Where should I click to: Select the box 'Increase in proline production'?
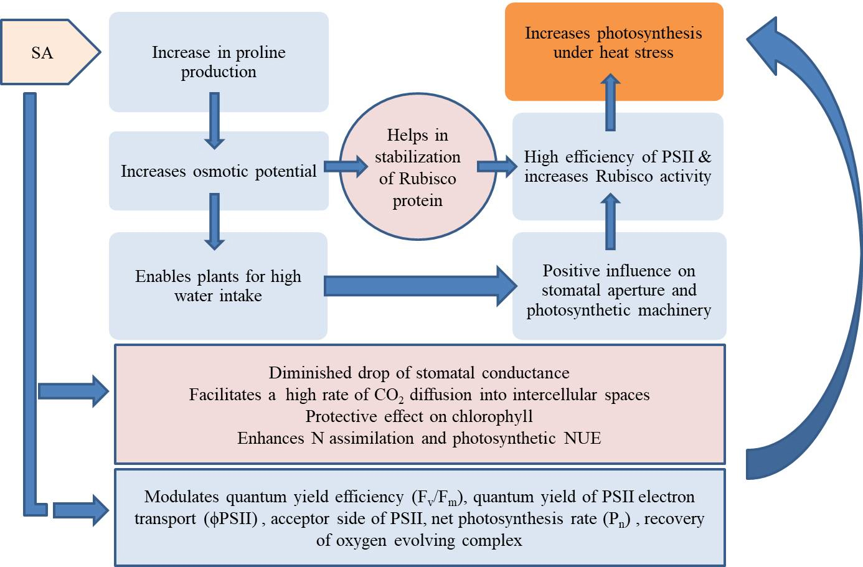pos(219,62)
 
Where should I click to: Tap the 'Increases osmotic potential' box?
pos(219,171)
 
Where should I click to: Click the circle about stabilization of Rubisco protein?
pos(418,167)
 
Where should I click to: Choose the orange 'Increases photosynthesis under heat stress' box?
pos(613,52)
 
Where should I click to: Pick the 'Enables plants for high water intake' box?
pos(218,286)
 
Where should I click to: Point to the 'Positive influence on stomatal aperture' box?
pos(618,290)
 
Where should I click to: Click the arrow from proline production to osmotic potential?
pos(214,121)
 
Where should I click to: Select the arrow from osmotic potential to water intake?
pos(214,222)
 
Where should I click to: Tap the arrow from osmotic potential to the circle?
pos(346,166)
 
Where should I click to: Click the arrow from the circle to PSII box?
pos(497,166)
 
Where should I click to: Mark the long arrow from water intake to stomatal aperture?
pos(420,286)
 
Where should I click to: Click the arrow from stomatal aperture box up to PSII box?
pos(611,222)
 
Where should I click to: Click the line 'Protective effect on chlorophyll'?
pos(419,416)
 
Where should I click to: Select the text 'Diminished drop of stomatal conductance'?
pos(419,373)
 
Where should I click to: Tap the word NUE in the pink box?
pos(582,438)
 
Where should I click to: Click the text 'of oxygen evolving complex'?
pos(419,540)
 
